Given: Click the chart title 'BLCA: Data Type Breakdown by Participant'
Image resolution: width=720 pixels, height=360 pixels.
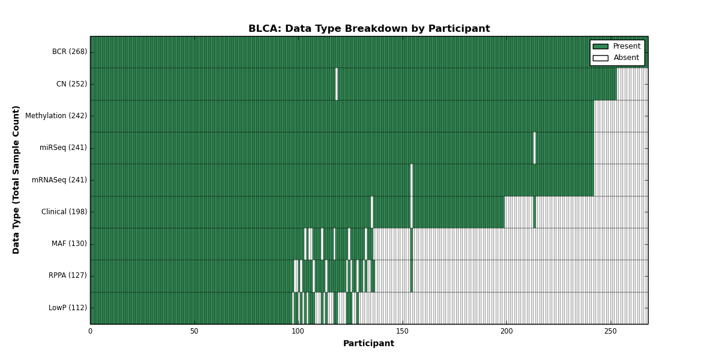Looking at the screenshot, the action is pyautogui.click(x=369, y=29).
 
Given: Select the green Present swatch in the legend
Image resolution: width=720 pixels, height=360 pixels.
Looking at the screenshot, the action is pyautogui.click(x=601, y=47).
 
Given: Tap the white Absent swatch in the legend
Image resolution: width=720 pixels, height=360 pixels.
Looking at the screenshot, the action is pyautogui.click(x=601, y=58).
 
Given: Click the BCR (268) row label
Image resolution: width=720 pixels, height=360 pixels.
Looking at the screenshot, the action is pyautogui.click(x=70, y=52).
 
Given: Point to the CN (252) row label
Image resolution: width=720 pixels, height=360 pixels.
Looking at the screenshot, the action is pyautogui.click(x=71, y=84).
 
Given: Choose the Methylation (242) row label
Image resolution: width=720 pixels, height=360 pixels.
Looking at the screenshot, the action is pyautogui.click(x=56, y=116).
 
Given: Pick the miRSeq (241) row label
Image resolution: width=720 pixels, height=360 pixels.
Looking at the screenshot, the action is pyautogui.click(x=63, y=148).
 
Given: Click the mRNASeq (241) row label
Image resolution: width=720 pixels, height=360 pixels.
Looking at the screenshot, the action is pyautogui.click(x=59, y=179).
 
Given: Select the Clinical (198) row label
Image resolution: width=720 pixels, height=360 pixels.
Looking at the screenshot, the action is pyautogui.click(x=64, y=212).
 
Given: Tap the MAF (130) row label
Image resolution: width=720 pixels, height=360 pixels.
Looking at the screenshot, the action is pyautogui.click(x=69, y=244).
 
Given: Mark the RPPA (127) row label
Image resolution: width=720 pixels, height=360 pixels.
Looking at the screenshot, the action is pyautogui.click(x=67, y=275).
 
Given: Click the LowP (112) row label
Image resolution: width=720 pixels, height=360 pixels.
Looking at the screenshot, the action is pyautogui.click(x=67, y=308).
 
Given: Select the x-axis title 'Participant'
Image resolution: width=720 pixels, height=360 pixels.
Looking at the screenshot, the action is pyautogui.click(x=368, y=344).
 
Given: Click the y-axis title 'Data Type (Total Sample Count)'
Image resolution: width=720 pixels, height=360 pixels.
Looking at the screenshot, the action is pyautogui.click(x=16, y=180).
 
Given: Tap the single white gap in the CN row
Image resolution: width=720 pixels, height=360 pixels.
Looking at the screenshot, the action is pyautogui.click(x=337, y=84).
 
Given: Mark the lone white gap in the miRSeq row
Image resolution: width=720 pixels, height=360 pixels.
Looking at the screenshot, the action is pyautogui.click(x=535, y=148).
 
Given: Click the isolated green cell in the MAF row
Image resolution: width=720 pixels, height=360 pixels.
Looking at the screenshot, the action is pyautogui.click(x=412, y=244).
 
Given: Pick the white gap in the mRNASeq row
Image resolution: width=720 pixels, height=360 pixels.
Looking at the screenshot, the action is pyautogui.click(x=412, y=180).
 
